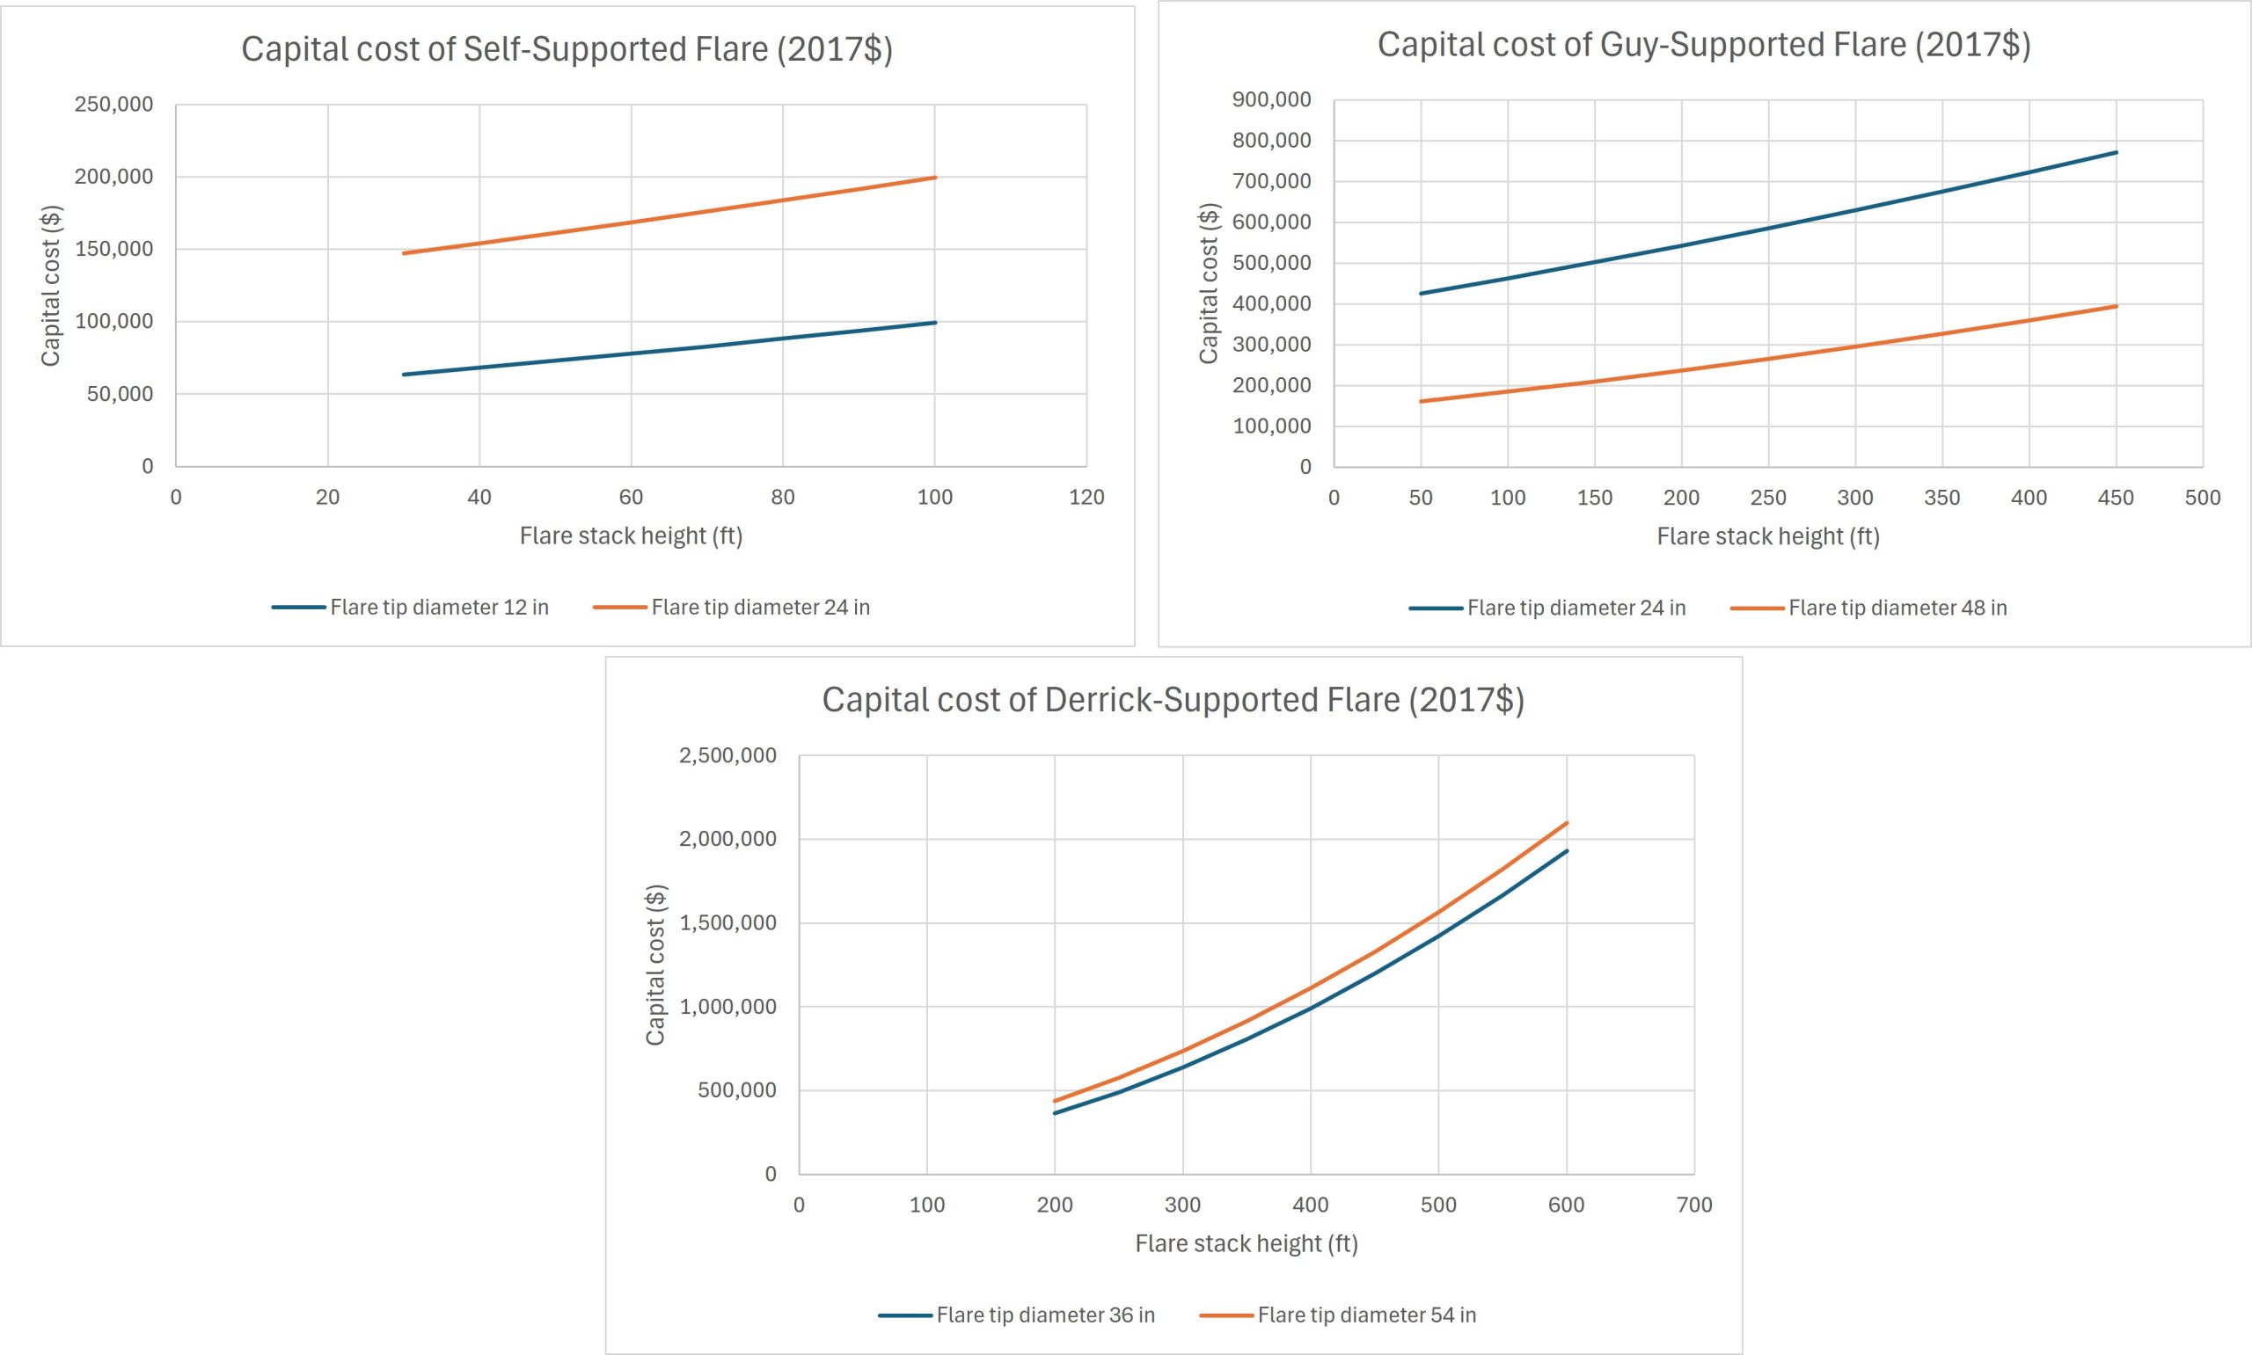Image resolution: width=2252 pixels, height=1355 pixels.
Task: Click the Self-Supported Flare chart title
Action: [x=567, y=49]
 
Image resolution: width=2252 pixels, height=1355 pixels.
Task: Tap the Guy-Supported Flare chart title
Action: [x=1704, y=45]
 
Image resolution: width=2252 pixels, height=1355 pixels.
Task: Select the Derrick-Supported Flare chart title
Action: [x=1174, y=699]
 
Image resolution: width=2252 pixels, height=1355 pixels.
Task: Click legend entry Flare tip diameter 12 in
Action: [x=411, y=608]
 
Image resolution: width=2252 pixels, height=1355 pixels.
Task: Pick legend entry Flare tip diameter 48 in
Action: [x=1868, y=608]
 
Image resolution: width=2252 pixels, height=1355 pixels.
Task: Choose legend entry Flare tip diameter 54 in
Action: [x=1338, y=1315]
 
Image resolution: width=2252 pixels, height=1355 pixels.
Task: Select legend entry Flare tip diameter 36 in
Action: [x=1016, y=1315]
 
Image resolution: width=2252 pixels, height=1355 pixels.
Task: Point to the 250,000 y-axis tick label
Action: [x=114, y=104]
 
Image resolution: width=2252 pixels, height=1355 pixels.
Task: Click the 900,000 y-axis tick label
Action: [x=1271, y=99]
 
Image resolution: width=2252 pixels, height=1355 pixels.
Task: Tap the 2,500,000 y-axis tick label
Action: [x=728, y=755]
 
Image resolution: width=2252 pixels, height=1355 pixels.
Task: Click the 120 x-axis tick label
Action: [x=1086, y=498]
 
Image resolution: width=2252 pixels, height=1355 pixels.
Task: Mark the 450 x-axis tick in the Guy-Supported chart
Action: [x=2116, y=498]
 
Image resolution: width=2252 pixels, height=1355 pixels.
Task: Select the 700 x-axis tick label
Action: [x=1695, y=1206]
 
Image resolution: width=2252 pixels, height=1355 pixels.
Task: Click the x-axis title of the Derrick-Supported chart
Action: [x=1247, y=1243]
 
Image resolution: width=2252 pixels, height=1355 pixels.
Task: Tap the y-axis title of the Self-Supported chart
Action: [x=50, y=286]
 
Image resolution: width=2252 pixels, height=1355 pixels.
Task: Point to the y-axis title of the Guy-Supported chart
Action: [x=1208, y=283]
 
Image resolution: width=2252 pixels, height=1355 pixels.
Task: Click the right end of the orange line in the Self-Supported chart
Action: [x=935, y=177]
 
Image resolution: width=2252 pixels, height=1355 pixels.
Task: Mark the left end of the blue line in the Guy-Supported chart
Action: [x=1421, y=293]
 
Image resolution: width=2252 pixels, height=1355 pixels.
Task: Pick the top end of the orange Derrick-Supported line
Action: [x=1567, y=823]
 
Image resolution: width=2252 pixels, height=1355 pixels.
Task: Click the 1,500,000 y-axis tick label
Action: [x=728, y=923]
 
